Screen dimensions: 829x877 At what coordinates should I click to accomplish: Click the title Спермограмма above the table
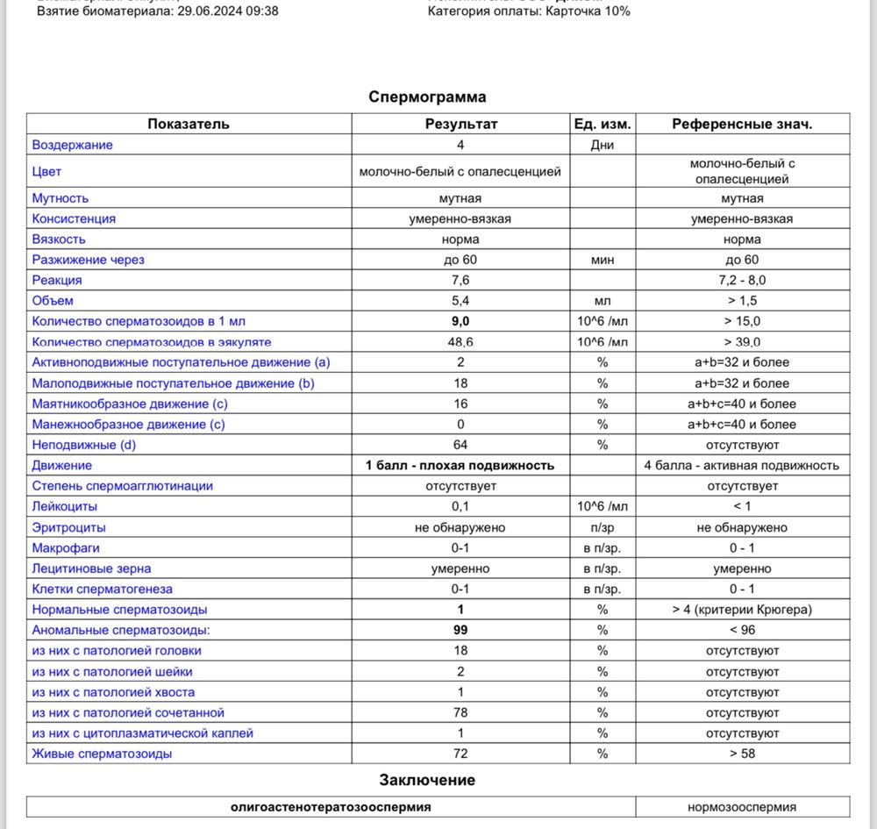pos(427,96)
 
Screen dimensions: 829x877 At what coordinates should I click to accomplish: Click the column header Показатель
pos(189,124)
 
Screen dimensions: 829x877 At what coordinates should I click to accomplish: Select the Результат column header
pos(460,124)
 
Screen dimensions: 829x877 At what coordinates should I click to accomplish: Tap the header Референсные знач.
pos(742,124)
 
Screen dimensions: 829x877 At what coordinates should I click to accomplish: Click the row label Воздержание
pos(73,145)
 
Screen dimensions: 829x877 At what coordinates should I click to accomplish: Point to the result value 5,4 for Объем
pos(460,301)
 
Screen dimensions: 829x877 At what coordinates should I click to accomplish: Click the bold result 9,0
pos(460,321)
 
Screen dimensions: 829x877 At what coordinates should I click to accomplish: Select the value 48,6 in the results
pos(460,342)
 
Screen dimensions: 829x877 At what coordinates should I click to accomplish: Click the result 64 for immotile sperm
pos(460,445)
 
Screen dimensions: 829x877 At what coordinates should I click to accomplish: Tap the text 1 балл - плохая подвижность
pos(460,465)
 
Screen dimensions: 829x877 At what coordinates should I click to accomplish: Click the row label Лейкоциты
pos(65,506)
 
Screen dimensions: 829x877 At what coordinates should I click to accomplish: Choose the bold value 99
pos(460,630)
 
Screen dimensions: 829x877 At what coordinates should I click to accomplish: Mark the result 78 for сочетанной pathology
pos(460,712)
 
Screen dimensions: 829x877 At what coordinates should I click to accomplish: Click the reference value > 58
pos(742,754)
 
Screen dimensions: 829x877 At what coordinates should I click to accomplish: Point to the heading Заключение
pos(427,780)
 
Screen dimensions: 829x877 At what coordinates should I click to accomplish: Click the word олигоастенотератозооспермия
pos(332,806)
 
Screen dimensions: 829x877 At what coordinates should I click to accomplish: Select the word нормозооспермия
pos(742,806)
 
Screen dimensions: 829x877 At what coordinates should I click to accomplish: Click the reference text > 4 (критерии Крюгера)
pos(742,609)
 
